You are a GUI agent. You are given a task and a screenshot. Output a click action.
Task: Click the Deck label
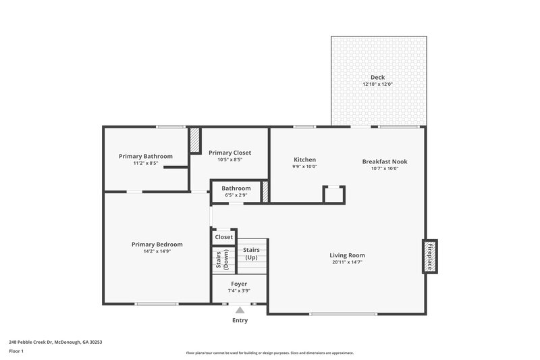point(377,77)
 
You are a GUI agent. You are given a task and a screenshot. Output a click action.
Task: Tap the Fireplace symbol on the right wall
point(429,256)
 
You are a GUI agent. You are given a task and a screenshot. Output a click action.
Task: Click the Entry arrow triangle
point(240,310)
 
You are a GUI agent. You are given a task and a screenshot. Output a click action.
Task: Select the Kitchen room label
point(304,160)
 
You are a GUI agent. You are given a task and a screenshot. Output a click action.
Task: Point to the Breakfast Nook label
point(385,161)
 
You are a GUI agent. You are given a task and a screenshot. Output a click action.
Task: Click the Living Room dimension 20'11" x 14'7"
point(347,262)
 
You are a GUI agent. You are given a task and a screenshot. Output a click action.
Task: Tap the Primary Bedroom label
point(157,245)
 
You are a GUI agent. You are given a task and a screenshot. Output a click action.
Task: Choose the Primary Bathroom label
point(145,156)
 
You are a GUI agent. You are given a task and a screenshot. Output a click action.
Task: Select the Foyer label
point(239,284)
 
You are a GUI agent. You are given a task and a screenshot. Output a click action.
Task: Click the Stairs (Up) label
point(251,253)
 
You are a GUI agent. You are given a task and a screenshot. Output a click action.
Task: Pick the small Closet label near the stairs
point(223,237)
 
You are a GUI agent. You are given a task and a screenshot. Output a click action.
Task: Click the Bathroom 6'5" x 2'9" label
point(236,188)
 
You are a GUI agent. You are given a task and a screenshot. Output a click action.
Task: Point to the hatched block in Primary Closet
point(195,140)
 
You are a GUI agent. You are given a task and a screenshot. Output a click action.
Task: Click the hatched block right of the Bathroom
point(265,191)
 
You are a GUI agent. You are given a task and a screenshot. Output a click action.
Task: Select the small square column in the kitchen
point(334,194)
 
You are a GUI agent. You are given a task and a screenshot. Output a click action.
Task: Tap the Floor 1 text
point(16,351)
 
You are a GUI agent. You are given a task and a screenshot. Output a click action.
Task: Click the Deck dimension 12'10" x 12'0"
point(377,84)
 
